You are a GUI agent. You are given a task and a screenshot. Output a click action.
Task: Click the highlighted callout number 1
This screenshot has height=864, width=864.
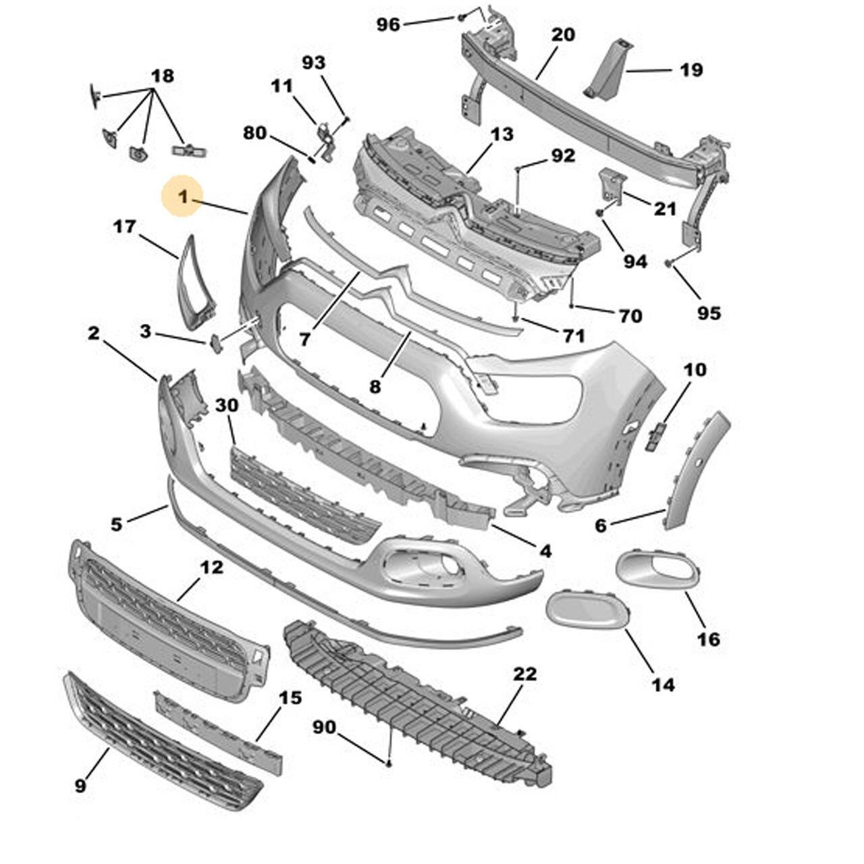point(181,196)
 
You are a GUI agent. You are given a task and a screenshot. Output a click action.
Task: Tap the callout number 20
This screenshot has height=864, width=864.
point(562,34)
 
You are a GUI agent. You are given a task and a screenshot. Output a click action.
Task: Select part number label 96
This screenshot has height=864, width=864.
point(388,24)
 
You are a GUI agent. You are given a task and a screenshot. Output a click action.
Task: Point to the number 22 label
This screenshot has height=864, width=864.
point(525,673)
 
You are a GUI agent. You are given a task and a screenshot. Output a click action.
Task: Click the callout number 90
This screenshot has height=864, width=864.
point(324,727)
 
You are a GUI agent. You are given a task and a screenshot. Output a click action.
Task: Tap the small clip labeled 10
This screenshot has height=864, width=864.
point(655,435)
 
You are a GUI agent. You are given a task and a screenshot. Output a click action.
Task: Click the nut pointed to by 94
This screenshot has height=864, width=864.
point(599,213)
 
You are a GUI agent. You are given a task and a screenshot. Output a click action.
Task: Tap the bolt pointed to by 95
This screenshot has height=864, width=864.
point(668,263)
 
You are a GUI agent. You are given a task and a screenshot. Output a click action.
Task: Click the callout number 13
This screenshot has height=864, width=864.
point(502,134)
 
